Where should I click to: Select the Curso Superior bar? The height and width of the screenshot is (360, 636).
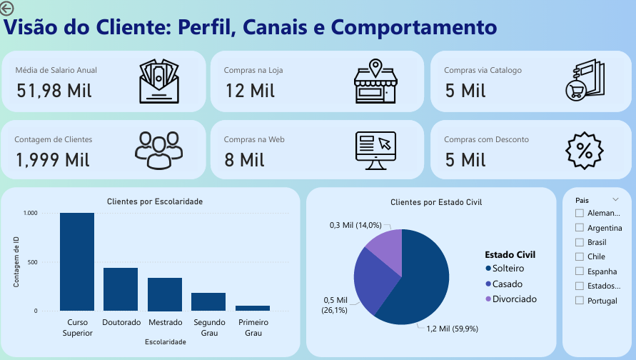click(x=77, y=261)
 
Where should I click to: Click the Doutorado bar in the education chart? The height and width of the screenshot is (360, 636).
click(x=121, y=289)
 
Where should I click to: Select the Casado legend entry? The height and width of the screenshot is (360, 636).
click(x=508, y=284)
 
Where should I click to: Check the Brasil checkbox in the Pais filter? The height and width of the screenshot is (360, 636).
click(x=580, y=243)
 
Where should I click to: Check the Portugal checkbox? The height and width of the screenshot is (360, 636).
click(x=580, y=301)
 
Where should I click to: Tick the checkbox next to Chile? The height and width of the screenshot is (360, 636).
click(x=580, y=257)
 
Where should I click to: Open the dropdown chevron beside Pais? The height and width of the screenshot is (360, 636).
click(x=615, y=199)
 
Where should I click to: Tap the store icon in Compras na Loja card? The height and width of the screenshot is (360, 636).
click(x=375, y=81)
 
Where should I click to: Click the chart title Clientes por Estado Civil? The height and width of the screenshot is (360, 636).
click(x=436, y=202)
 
